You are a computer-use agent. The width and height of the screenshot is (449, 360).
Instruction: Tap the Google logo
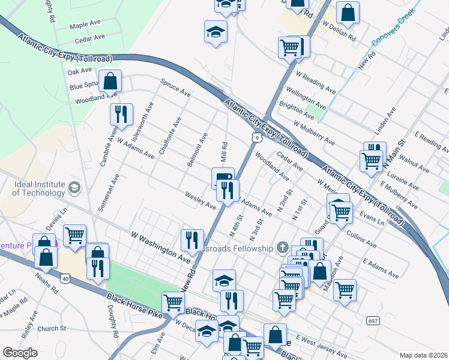coord(20,353)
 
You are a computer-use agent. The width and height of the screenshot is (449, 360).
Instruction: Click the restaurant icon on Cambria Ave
coord(121,114)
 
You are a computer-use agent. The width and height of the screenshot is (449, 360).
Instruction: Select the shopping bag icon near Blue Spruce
coord(110,80)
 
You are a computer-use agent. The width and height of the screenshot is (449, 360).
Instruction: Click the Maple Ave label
coord(85,25)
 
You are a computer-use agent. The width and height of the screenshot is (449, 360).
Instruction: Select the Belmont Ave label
coord(197,150)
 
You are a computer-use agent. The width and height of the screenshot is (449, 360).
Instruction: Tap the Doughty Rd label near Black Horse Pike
coord(112,319)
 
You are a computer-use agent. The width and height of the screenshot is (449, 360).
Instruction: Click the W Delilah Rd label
coord(339,31)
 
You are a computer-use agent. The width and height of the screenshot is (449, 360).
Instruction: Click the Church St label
coord(51,329)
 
